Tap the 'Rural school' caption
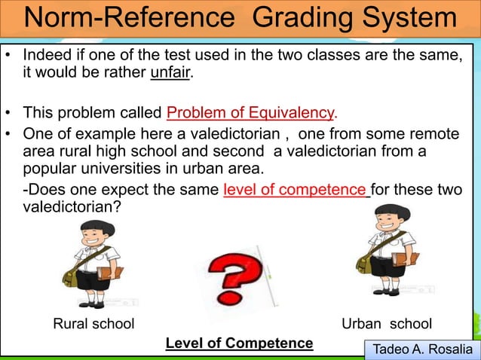(93, 324)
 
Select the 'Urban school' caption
(387, 324)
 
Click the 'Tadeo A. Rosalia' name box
(421, 350)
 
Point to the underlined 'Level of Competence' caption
(239, 343)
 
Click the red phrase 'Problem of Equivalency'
(250, 114)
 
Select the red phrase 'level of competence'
(296, 191)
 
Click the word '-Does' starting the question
(42, 191)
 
